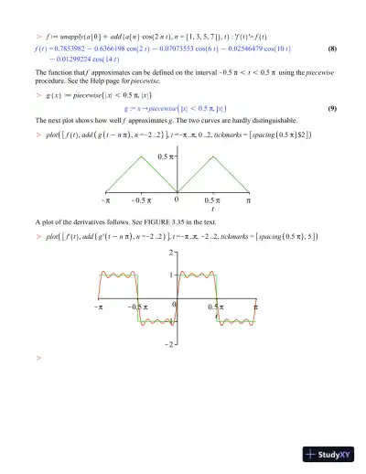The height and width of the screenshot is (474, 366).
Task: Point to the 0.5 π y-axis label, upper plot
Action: click(164, 158)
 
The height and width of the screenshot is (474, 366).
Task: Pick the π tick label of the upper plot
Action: click(248, 199)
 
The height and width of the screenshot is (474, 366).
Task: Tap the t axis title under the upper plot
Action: click(212, 209)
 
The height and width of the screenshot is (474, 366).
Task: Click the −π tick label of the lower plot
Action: click(98, 308)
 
